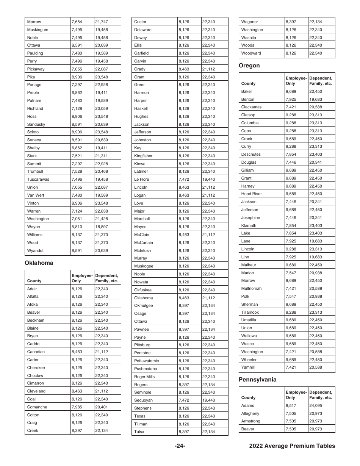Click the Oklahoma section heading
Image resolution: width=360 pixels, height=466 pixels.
[x=39, y=263]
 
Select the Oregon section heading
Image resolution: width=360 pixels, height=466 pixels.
[x=249, y=66]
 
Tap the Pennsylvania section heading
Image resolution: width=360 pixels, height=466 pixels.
[x=258, y=380]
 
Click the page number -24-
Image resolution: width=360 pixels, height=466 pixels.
[x=180, y=446]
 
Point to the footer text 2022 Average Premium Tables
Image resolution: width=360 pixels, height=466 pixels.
[x=292, y=446]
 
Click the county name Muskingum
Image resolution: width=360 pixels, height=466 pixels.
[x=38, y=30]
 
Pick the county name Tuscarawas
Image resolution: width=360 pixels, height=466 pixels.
[x=38, y=179]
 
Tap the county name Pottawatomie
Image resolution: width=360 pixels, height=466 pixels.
[x=147, y=361]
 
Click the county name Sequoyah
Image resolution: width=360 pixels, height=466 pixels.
[x=143, y=400]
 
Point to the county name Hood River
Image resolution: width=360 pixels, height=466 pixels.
[x=252, y=194]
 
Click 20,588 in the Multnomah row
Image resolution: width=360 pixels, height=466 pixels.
[x=315, y=288]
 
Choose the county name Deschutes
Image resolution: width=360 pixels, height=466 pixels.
[x=251, y=154]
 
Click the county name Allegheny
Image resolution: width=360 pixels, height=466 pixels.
[x=250, y=413]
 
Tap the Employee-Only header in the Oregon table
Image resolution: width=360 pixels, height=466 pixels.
[x=296, y=81]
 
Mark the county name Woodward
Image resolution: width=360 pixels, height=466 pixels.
[x=251, y=53]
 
